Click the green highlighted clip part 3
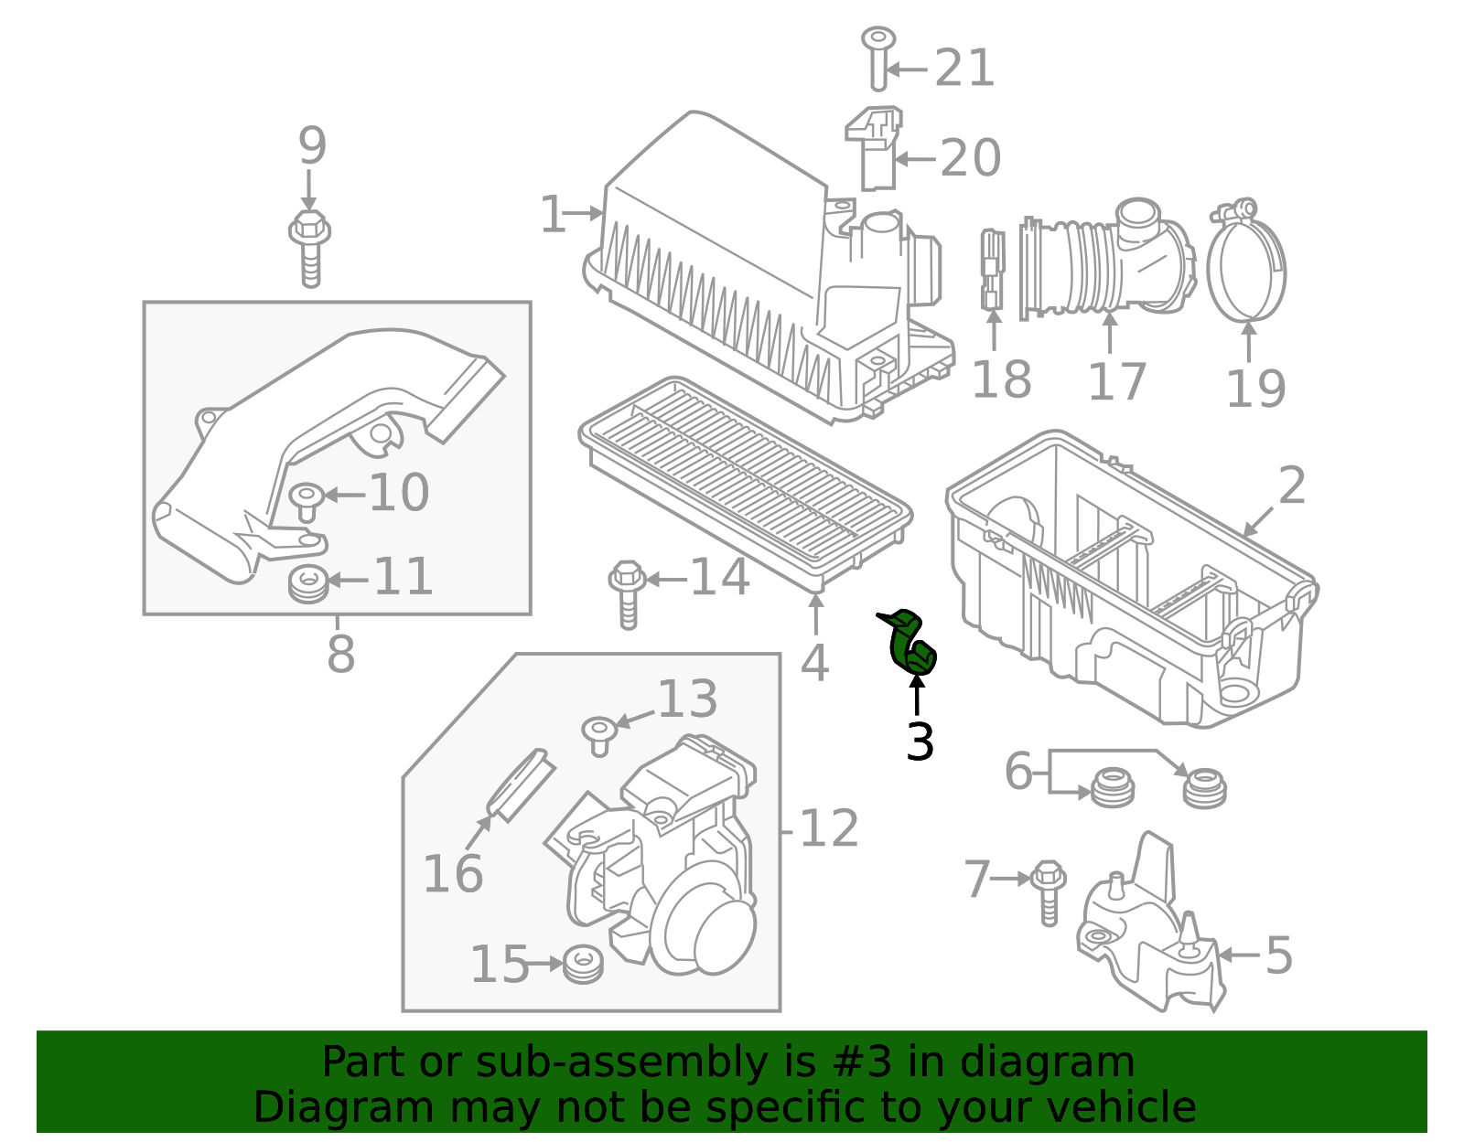(911, 645)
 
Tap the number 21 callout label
(964, 69)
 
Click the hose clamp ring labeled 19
(1246, 265)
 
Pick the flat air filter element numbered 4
(746, 480)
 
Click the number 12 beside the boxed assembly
(828, 829)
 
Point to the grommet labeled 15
(583, 965)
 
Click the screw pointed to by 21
(878, 58)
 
